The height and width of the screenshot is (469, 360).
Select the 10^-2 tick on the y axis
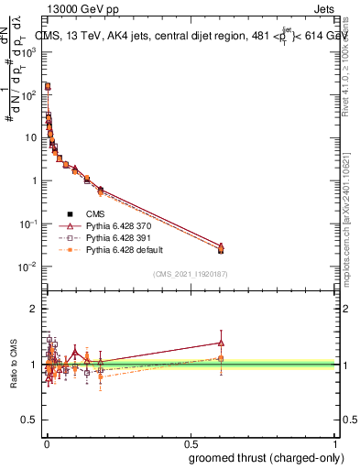pyautogui.click(x=29, y=267)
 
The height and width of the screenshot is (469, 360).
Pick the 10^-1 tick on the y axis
pyautogui.click(x=29, y=224)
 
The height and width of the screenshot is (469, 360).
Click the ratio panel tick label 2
pyautogui.click(x=35, y=309)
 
